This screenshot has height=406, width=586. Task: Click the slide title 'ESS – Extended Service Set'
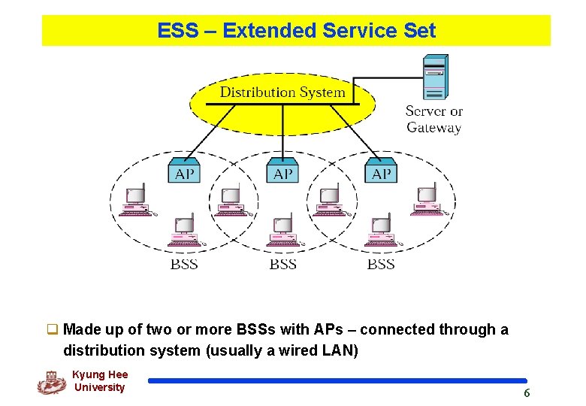tap(296, 31)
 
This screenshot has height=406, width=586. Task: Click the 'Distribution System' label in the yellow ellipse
tap(282, 92)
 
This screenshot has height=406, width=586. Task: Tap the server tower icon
tap(435, 77)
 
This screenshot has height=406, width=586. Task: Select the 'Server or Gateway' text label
tap(434, 120)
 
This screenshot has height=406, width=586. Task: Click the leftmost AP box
tap(184, 172)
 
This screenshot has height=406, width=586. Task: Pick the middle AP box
tap(282, 172)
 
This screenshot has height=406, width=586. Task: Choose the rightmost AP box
tap(381, 172)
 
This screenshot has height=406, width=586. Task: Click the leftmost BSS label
tap(184, 264)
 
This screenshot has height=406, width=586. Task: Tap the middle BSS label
tap(283, 264)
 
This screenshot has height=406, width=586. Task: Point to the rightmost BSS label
tap(381, 264)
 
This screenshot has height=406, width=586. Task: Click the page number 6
tap(527, 393)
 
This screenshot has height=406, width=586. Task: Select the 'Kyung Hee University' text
tap(100, 381)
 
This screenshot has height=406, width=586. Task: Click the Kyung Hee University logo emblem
tap(51, 383)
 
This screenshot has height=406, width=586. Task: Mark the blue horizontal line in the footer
tap(337, 380)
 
